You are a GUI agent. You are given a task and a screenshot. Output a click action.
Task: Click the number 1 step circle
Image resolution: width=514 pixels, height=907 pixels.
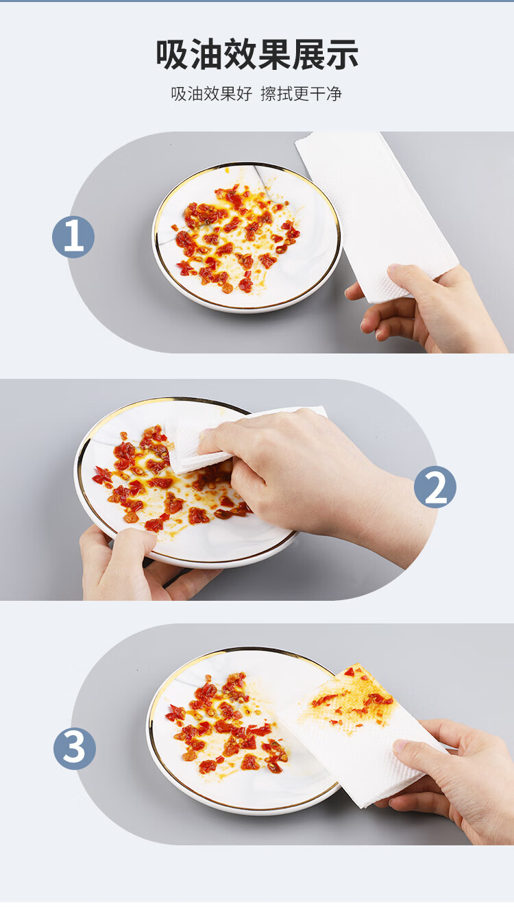[73, 237]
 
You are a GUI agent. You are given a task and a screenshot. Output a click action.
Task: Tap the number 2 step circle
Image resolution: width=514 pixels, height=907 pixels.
[435, 486]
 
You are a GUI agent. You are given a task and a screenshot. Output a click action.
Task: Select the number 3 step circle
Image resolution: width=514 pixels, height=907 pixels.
[75, 748]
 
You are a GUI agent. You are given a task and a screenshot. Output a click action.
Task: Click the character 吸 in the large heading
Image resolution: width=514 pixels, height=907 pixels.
[173, 55]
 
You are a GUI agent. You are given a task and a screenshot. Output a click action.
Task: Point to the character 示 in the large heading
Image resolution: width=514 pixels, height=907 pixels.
[342, 55]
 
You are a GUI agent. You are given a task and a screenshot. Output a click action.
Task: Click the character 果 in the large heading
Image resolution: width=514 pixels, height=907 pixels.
[274, 55]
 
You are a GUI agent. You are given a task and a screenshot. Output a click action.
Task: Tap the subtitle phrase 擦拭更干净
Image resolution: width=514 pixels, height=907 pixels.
[302, 94]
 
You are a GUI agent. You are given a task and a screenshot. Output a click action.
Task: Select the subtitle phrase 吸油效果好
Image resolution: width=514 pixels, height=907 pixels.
[212, 94]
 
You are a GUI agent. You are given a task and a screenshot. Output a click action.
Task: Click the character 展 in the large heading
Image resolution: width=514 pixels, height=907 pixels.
[308, 55]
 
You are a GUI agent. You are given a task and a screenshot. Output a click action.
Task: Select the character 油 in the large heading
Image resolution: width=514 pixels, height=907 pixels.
[206, 55]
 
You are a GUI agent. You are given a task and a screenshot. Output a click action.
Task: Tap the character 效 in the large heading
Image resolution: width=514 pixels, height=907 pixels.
[240, 55]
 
